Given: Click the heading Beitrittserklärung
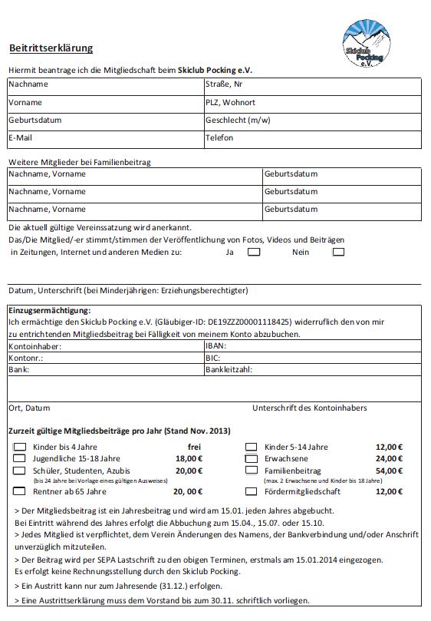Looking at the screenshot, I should [51, 48].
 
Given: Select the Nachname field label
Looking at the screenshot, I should [28, 84].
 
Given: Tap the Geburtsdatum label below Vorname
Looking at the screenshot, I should [35, 121].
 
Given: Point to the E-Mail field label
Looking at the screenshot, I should [21, 138].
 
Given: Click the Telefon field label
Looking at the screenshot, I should [219, 138].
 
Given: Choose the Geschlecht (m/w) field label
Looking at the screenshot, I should [238, 121].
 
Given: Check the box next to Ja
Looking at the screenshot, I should [254, 251].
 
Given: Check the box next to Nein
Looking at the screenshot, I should [338, 251].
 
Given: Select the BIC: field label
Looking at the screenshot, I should [213, 358].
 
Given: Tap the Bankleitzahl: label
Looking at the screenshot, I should [229, 369].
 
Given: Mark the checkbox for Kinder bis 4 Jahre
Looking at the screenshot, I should [20, 447].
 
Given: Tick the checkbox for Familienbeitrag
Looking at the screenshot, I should [251, 470].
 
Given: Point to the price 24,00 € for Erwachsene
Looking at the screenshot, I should [389, 458].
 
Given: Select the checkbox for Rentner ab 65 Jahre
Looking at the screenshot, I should [20, 491].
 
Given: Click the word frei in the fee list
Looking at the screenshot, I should [195, 447].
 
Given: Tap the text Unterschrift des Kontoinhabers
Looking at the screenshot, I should [309, 408].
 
